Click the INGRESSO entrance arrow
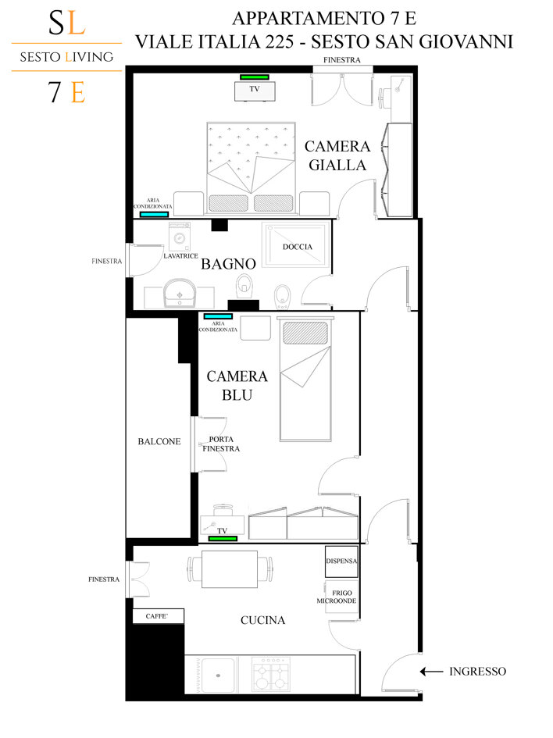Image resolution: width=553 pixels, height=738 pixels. tap(431, 672)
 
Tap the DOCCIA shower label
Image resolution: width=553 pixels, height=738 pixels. tap(298, 247)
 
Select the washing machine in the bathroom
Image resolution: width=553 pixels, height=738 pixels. tap(180, 237)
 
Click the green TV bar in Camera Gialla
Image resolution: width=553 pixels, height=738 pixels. tap(255, 77)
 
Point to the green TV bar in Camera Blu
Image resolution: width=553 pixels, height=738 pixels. tap(223, 538)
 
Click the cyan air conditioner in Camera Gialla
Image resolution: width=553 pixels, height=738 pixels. tap(155, 215)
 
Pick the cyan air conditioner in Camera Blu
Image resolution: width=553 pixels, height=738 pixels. tap(218, 316)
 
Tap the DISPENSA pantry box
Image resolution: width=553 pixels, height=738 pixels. tap(341, 562)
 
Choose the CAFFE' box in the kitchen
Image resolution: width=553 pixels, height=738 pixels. tap(158, 616)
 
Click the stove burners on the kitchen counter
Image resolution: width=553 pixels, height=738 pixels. tap(270, 675)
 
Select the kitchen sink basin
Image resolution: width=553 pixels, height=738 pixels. tap(217, 676)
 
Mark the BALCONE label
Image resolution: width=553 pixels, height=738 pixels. tap(159, 441)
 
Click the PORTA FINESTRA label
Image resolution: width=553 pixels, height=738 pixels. tap(221, 444)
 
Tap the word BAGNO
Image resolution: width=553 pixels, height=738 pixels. tap(228, 264)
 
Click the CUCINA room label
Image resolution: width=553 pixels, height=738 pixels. tap(262, 620)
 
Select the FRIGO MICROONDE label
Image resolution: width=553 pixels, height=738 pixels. tap(337, 597)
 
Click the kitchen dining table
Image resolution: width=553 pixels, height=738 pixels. tap(230, 569)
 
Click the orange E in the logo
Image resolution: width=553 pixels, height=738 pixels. tap(78, 93)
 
